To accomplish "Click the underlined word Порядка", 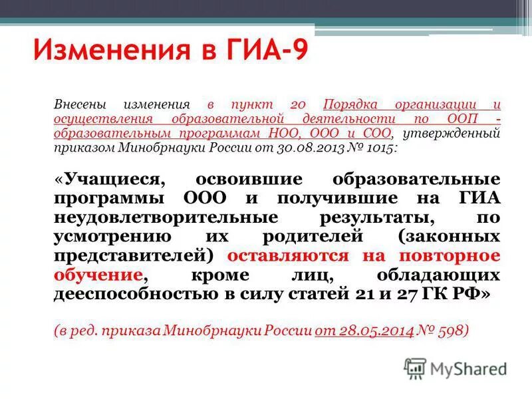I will [350, 105].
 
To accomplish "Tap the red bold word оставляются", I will [287, 257].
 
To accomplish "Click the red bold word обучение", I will [97, 276].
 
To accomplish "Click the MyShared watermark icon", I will [415, 368].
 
